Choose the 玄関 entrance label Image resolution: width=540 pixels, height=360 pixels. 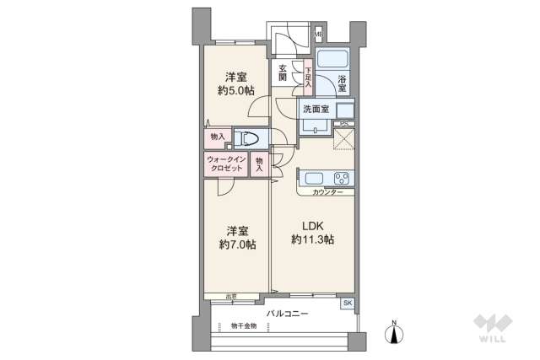click(282, 73)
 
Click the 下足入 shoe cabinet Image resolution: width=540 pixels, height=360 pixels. click(309, 77)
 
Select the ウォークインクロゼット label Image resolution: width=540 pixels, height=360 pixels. click(225, 164)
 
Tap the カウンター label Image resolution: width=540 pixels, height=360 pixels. click(327, 193)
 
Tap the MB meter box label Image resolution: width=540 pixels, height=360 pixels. click(319, 35)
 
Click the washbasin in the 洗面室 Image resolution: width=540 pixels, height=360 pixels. click(345, 110)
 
